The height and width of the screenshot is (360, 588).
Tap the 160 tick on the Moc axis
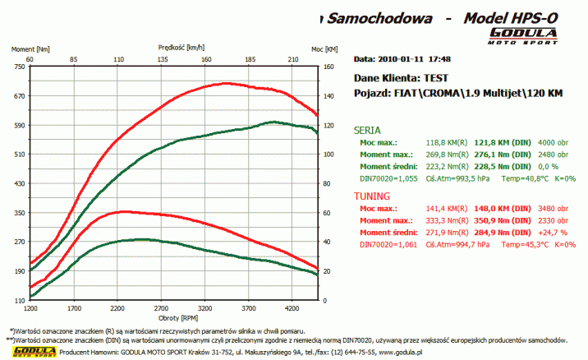pyautogui.click(x=329, y=67)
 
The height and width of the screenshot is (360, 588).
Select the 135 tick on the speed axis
pyautogui.click(x=163, y=59)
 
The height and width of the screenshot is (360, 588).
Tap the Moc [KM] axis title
pyautogui.click(x=324, y=49)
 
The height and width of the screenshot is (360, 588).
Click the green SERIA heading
pyautogui.click(x=366, y=130)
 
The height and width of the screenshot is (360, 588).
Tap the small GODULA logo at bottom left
pyautogui.click(x=30, y=352)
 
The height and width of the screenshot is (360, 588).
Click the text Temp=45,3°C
pyautogui.click(x=521, y=244)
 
